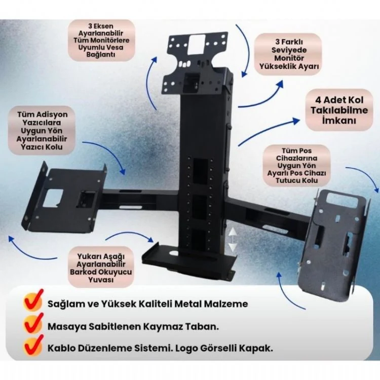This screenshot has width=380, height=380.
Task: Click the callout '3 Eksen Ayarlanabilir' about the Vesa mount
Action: (101, 40)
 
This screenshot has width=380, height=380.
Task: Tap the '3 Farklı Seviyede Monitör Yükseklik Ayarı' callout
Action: (288, 54)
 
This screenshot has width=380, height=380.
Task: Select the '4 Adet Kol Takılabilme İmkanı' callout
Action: (339, 110)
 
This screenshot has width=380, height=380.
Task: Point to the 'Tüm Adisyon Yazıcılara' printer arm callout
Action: (42, 131)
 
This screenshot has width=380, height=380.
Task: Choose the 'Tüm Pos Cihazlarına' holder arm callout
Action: (296, 166)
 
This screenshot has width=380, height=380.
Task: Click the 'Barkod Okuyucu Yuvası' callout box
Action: (101, 268)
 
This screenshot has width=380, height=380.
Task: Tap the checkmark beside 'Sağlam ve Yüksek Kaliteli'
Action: (33, 300)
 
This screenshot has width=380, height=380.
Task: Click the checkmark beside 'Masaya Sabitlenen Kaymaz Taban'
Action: (33, 323)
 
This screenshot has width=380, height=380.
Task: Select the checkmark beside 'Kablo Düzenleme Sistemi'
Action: (33, 345)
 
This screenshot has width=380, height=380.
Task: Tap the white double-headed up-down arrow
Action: (233, 240)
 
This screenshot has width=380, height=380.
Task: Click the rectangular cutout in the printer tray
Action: (53, 198)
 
